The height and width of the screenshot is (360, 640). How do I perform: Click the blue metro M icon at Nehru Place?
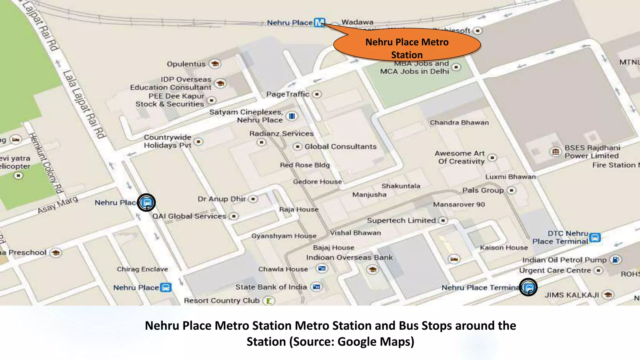pyautogui.click(x=319, y=22)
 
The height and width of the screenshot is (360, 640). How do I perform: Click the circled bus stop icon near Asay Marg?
pyautogui.click(x=147, y=202)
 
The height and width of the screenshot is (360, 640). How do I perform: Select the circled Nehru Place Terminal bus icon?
pyautogui.click(x=528, y=287)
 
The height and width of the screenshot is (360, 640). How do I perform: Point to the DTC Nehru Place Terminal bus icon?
pyautogui.click(x=595, y=237)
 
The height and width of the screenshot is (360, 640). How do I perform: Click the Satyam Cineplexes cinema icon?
pyautogui.click(x=292, y=116)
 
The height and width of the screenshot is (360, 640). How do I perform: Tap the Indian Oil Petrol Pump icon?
pyautogui.click(x=616, y=260)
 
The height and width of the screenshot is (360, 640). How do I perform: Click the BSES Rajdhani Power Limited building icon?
pyautogui.click(x=555, y=152)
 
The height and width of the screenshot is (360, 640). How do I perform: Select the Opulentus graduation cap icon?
pyautogui.click(x=215, y=64)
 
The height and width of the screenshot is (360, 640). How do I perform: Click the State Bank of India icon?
pyautogui.click(x=317, y=287)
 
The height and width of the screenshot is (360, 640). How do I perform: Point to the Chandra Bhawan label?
pyautogui.click(x=459, y=122)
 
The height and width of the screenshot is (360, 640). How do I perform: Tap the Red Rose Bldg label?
pyautogui.click(x=305, y=165)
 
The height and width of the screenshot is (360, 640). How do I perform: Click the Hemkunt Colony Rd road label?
pyautogui.click(x=46, y=163)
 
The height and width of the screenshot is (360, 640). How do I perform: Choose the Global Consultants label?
pyautogui.click(x=340, y=147)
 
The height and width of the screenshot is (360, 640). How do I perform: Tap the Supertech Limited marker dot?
pyautogui.click(x=443, y=221)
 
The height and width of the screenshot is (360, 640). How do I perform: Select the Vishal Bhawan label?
pyautogui.click(x=355, y=233)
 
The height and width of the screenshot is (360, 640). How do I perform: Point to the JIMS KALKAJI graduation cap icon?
pyautogui.click(x=608, y=295)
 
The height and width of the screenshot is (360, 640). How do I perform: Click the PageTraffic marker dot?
pyautogui.click(x=317, y=94)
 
